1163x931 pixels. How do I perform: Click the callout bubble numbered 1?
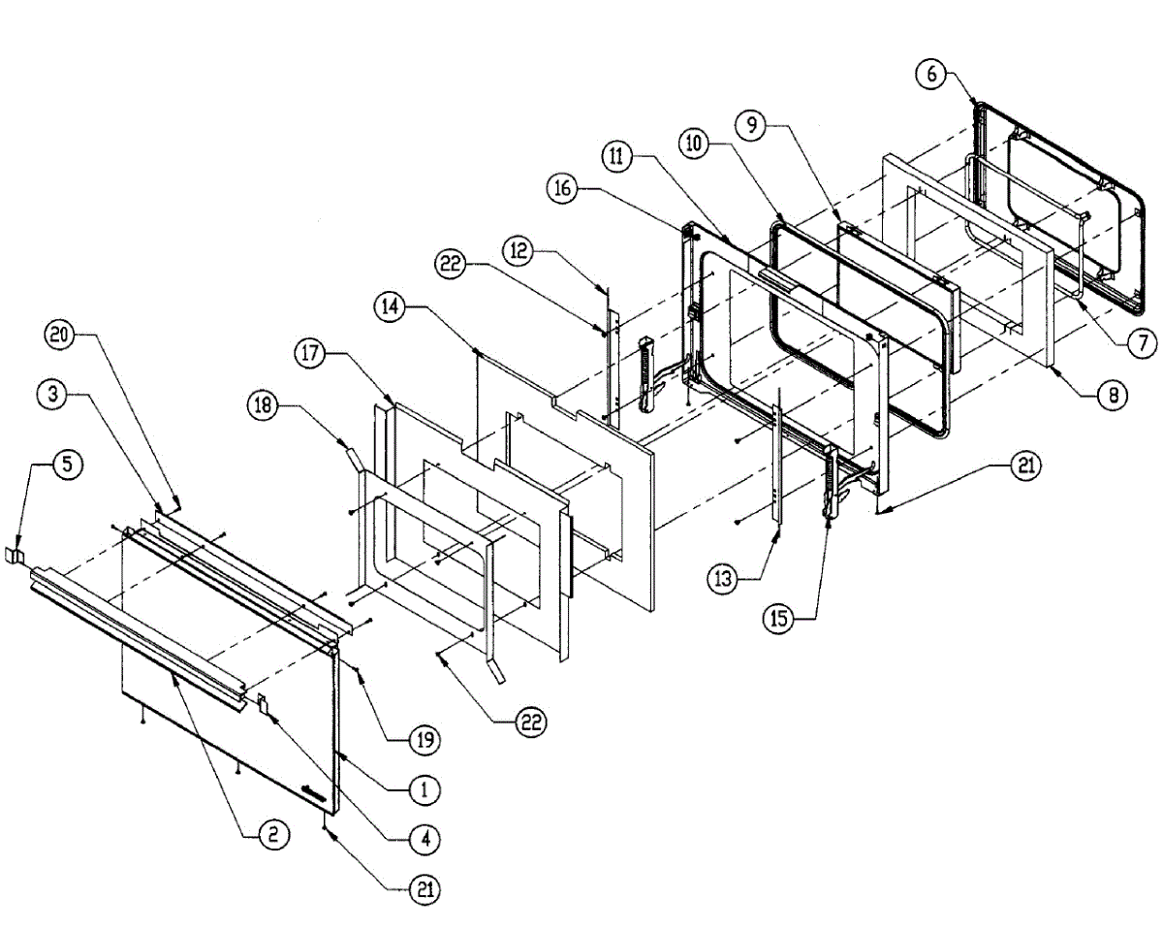point(424,789)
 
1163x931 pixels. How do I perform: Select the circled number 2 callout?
point(273,835)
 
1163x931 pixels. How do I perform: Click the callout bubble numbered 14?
point(390,306)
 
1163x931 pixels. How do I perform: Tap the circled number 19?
point(424,741)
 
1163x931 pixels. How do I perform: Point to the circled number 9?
point(750,124)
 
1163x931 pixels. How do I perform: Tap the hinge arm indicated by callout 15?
point(831,485)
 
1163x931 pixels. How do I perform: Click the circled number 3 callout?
point(53,395)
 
